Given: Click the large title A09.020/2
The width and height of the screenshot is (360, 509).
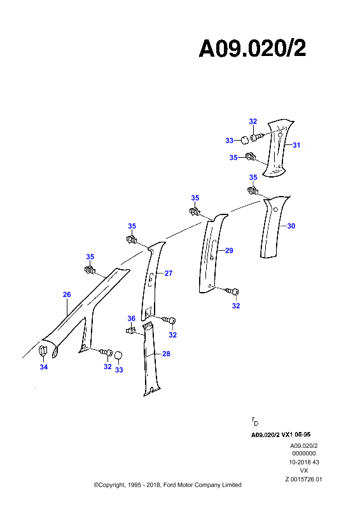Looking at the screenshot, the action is click(x=253, y=49).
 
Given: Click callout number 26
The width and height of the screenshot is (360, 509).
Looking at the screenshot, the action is click(x=67, y=295).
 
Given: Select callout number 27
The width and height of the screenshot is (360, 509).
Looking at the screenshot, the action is click(x=169, y=274).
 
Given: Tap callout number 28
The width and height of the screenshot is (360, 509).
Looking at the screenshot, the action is click(x=166, y=354).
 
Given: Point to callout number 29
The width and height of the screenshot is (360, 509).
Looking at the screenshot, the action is click(x=229, y=251).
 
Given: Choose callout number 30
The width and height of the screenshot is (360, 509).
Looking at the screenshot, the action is click(x=291, y=226).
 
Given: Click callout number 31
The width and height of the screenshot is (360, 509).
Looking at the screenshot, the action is click(x=296, y=145).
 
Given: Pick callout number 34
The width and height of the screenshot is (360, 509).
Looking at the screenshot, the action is click(x=44, y=367).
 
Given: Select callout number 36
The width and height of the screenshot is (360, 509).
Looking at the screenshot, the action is click(x=132, y=319).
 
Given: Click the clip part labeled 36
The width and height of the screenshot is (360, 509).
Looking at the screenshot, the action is click(x=130, y=331).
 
